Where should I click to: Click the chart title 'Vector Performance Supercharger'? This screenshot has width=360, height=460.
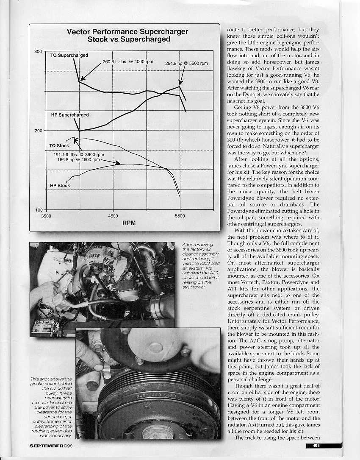127,32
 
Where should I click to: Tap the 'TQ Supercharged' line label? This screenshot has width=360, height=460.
69,56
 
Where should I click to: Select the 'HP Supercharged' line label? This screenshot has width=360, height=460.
69,115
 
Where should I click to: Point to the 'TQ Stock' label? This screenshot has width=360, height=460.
59,146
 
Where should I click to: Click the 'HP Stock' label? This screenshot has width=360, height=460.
60,186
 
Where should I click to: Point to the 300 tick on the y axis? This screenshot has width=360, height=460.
38,51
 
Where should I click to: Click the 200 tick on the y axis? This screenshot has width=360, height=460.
38,131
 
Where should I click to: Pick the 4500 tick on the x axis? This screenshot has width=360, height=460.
113,215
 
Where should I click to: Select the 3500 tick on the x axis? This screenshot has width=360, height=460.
46,215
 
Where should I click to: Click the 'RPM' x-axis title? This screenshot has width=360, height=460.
129,223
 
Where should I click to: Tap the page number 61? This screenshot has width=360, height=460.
317,445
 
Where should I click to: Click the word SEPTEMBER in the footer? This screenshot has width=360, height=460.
47,446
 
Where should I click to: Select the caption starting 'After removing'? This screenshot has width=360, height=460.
196,266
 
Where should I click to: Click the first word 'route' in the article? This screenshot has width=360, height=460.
234,30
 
